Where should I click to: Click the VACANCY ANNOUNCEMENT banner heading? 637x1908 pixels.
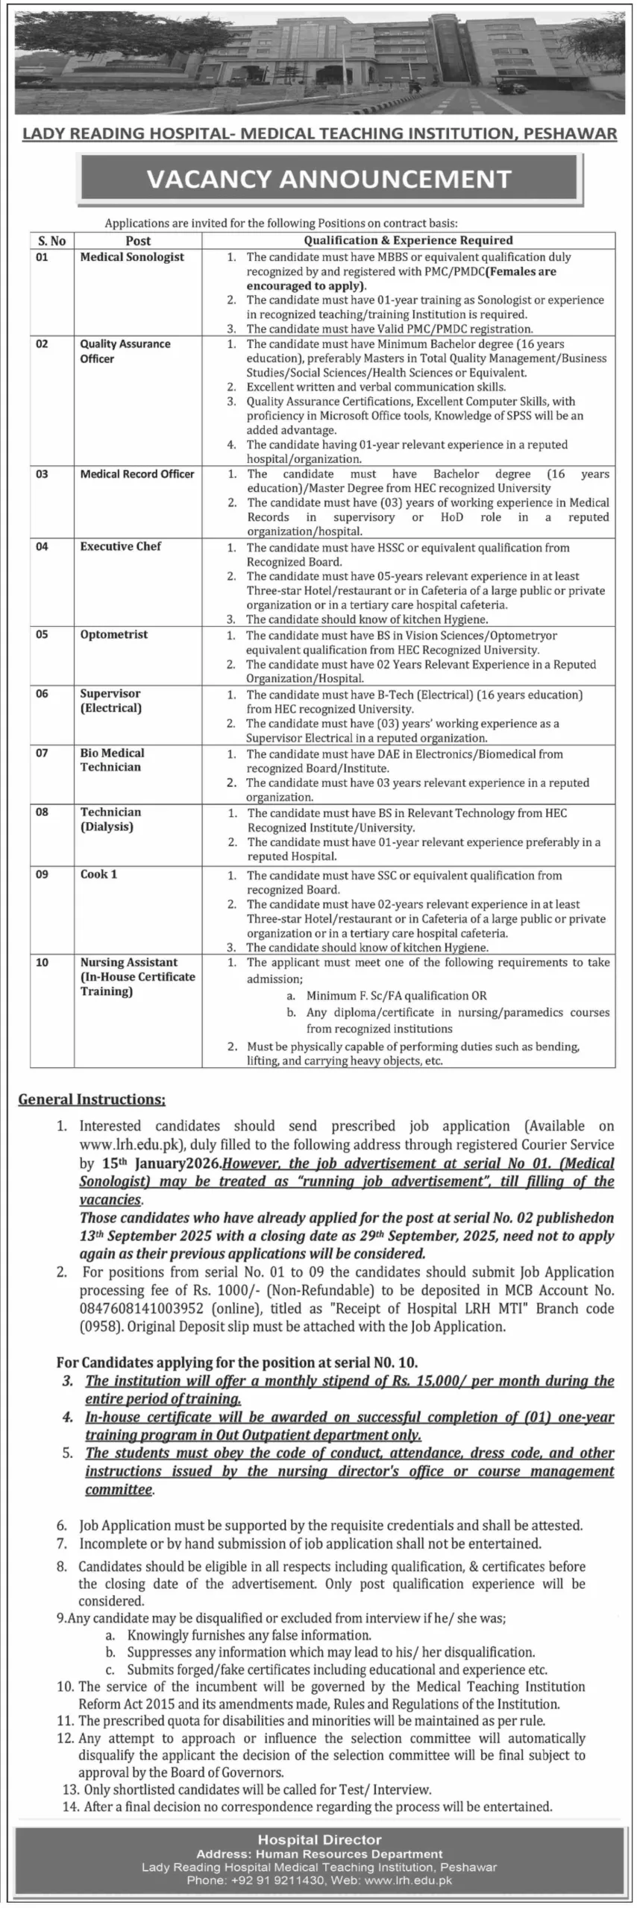pyautogui.click(x=329, y=179)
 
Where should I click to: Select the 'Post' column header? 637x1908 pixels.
pyautogui.click(x=138, y=241)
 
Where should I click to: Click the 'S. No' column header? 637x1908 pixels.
pyautogui.click(x=51, y=241)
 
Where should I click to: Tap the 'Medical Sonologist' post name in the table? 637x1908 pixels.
pyautogui.click(x=132, y=257)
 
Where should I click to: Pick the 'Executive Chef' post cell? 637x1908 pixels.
pyautogui.click(x=121, y=546)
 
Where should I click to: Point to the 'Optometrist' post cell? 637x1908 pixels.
pyautogui.click(x=114, y=635)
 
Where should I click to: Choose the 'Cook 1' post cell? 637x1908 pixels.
pyautogui.click(x=98, y=874)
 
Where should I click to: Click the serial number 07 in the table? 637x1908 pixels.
pyautogui.click(x=42, y=754)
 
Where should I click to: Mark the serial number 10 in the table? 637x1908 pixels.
pyautogui.click(x=42, y=963)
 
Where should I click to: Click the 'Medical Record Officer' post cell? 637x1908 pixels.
pyautogui.click(x=137, y=474)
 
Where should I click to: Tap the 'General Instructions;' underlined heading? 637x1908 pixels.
pyautogui.click(x=92, y=1099)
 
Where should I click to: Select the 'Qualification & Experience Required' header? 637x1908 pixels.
pyautogui.click(x=408, y=241)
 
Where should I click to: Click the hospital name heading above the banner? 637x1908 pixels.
pyautogui.click(x=320, y=133)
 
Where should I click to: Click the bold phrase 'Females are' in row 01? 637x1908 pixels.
pyautogui.click(x=521, y=271)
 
